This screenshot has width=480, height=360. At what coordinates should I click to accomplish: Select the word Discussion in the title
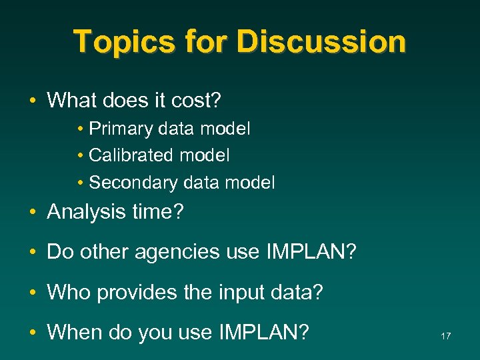click(321, 41)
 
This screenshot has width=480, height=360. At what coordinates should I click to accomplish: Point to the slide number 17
click(445, 336)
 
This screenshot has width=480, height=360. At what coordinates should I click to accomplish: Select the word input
click(229, 292)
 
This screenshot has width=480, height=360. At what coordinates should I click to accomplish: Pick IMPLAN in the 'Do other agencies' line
click(312, 253)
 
